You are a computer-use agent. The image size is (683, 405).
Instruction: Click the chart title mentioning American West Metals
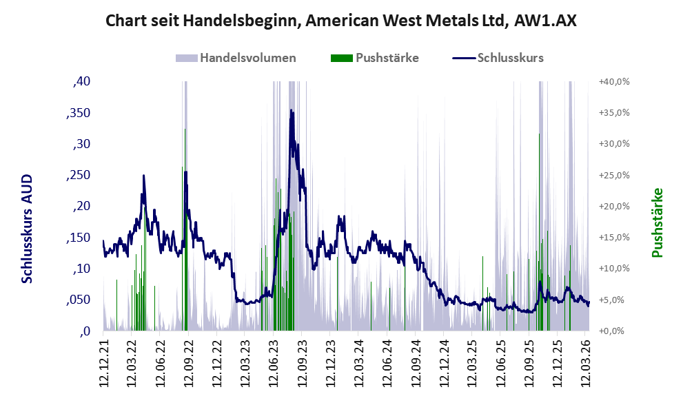click(x=341, y=21)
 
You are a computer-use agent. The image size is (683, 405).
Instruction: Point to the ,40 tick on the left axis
click(x=81, y=81)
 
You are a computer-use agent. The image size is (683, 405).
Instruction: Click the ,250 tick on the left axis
click(x=77, y=175)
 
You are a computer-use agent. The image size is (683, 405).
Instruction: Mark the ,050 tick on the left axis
click(x=77, y=300)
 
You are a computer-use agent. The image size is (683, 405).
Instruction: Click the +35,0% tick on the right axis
click(x=614, y=113)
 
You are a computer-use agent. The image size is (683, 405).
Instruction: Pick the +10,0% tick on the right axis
click(x=614, y=269)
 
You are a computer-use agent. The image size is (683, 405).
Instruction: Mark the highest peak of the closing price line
click(x=291, y=110)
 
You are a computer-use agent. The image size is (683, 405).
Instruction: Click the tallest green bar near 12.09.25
click(x=538, y=207)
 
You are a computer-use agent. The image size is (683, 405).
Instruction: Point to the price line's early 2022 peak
click(x=143, y=176)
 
